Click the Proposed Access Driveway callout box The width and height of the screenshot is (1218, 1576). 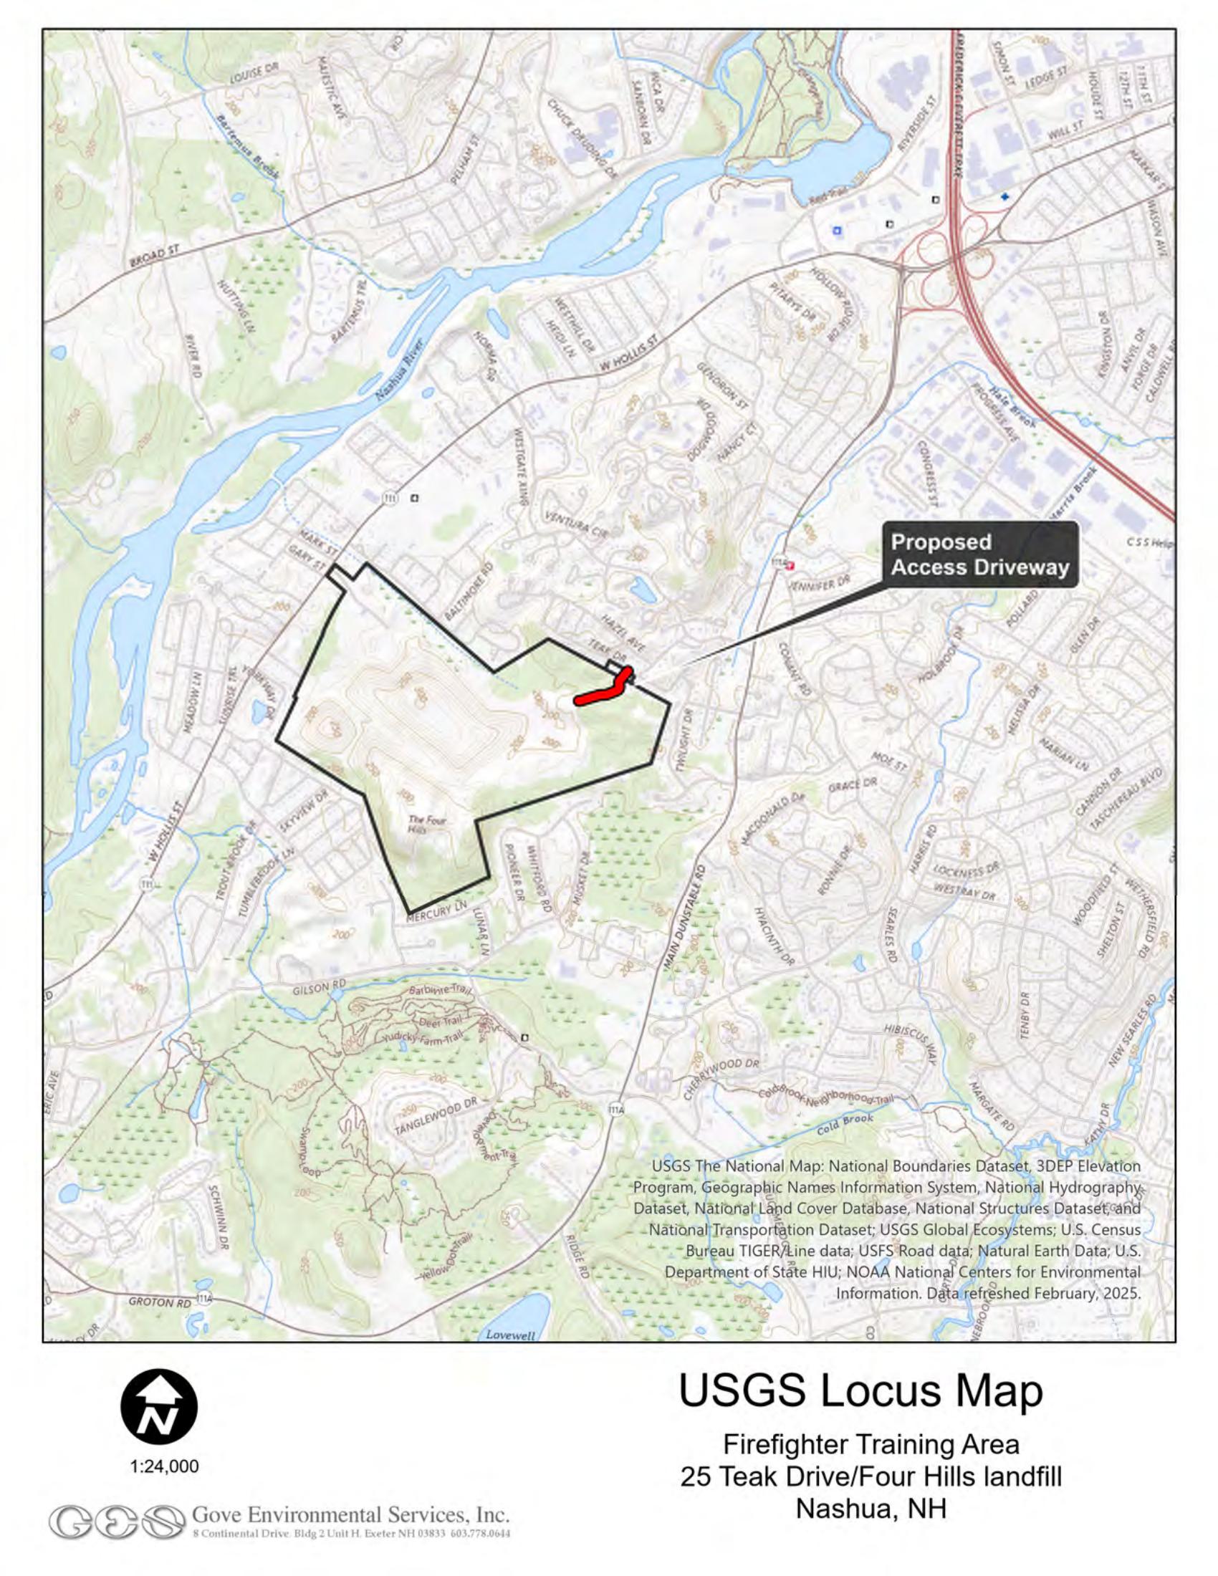click(x=980, y=554)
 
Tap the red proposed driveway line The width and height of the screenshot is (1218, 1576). click(x=601, y=694)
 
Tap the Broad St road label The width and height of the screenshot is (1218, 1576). click(x=154, y=256)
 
